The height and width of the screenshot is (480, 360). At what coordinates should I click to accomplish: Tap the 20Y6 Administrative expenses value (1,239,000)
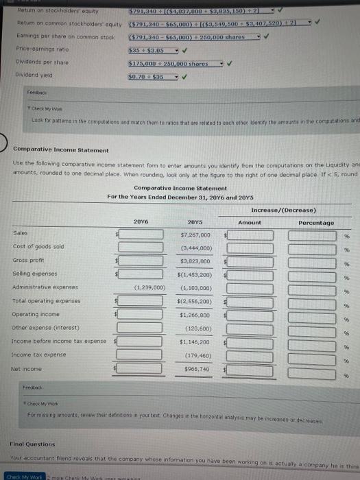(142, 287)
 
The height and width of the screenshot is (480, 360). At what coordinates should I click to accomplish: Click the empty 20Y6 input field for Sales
(140, 235)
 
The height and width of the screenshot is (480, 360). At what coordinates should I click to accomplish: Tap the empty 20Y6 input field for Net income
(140, 370)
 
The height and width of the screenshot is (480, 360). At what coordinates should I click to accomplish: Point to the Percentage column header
(316, 222)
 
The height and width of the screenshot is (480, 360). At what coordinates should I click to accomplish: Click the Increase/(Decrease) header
(283, 209)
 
